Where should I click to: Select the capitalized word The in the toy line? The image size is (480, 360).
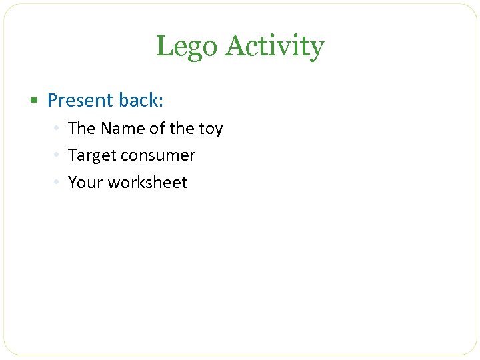point(82,128)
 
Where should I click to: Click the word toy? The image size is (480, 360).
point(210,129)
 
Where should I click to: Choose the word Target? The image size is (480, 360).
point(91,155)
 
